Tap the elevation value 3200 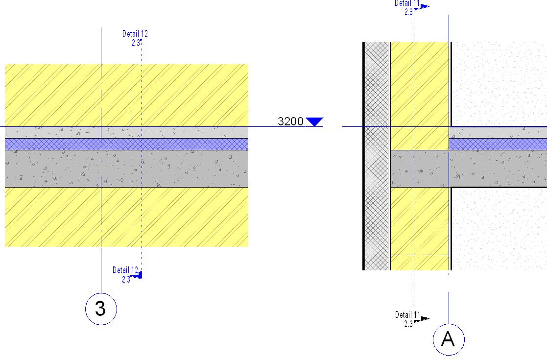pyautogui.click(x=290, y=121)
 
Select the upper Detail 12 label pyautogui.click(x=135, y=34)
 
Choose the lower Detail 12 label pyautogui.click(x=125, y=270)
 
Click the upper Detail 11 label pyautogui.click(x=407, y=3)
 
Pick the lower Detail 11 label pyautogui.click(x=408, y=314)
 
